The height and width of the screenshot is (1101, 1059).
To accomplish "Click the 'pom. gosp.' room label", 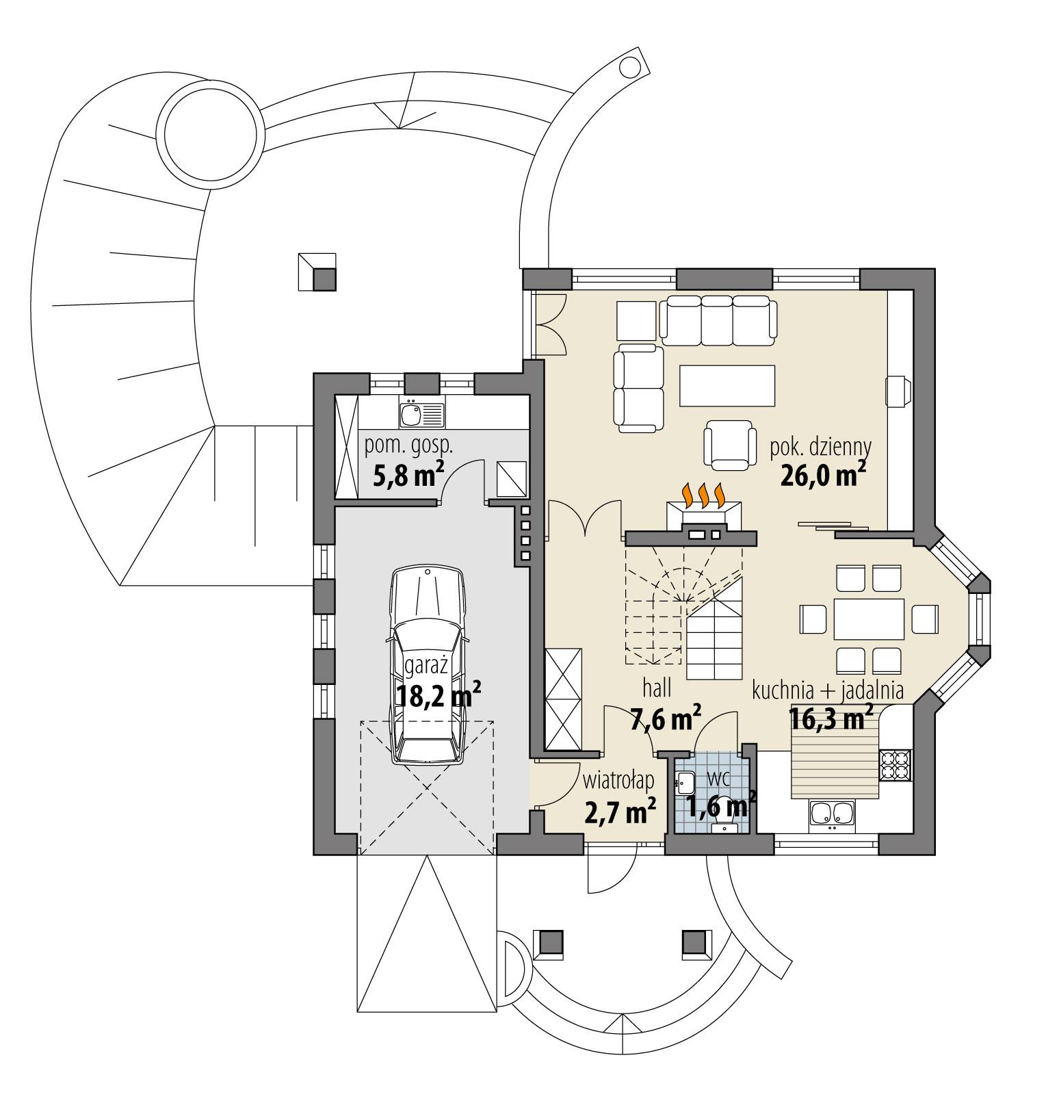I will coord(408,446).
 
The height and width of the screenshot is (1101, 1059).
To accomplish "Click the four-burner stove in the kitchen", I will coord(895,765).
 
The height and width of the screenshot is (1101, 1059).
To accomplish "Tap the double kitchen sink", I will coord(832,814).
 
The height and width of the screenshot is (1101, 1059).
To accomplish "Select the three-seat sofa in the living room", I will coord(718,320).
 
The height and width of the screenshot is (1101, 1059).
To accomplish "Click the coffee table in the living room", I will coord(728,386).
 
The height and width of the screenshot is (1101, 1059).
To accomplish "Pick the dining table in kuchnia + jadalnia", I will coord(869,619).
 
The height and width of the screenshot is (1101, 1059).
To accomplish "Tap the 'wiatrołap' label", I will coord(618,781).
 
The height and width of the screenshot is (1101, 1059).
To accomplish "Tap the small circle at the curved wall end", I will coord(627,66).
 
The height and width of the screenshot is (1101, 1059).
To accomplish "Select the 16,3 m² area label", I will coord(831,718).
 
